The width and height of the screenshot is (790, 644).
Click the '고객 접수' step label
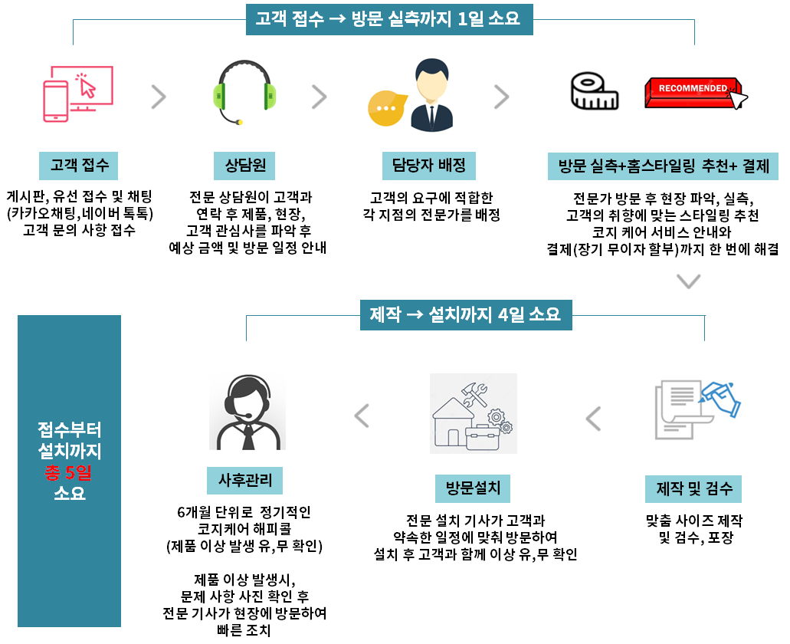click(80, 164)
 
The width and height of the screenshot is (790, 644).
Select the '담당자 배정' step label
click(429, 164)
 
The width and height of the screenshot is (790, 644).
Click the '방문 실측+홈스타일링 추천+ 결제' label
click(664, 165)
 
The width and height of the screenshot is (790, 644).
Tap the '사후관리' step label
click(245, 481)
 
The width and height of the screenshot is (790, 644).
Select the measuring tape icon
click(595, 92)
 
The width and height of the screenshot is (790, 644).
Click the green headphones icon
click(244, 93)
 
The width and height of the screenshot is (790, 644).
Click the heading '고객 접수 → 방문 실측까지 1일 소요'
click(388, 18)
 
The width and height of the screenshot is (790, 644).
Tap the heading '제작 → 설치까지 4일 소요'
click(466, 314)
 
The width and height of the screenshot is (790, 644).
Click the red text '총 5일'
click(69, 472)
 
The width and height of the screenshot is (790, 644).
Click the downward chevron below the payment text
click(689, 281)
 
